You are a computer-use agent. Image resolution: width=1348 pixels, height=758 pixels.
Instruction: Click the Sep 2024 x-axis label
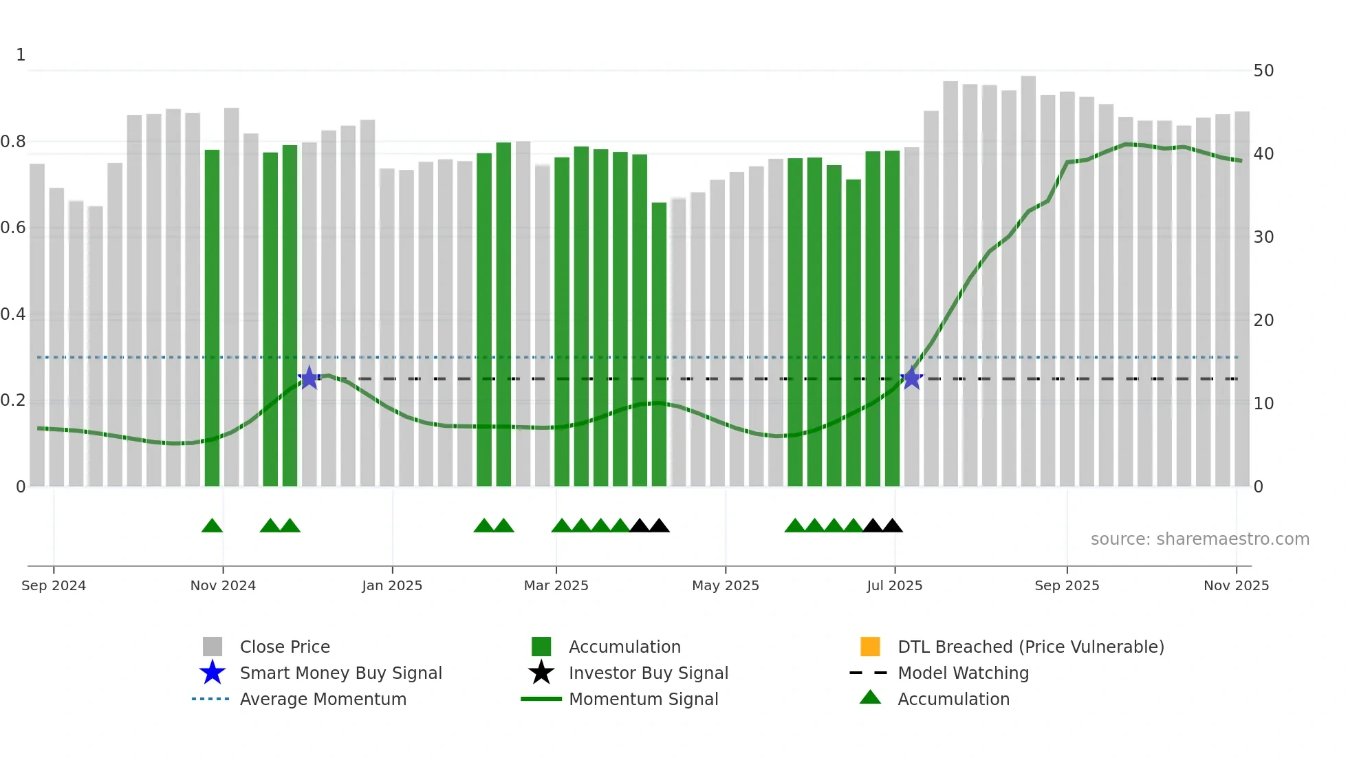point(54,585)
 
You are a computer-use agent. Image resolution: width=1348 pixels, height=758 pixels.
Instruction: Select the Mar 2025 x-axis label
point(556,585)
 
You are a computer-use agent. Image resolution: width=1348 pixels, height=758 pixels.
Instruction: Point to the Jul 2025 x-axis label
point(894,585)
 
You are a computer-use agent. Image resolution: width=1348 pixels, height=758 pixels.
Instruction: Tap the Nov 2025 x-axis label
point(1236,585)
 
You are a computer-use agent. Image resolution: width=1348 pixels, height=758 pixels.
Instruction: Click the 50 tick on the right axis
point(1263,71)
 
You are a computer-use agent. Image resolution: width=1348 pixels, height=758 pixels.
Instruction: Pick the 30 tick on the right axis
point(1263,237)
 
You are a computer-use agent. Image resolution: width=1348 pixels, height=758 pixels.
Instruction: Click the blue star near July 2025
point(911,378)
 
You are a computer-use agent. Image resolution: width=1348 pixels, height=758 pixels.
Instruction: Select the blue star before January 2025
point(309,378)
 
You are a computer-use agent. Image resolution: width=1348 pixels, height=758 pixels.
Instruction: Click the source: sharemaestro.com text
point(1199,539)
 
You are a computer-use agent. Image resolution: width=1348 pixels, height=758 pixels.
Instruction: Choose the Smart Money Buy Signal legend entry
point(340,673)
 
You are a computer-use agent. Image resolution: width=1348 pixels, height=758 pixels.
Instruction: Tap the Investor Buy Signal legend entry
point(648,673)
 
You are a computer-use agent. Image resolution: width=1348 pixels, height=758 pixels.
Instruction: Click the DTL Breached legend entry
point(1030,647)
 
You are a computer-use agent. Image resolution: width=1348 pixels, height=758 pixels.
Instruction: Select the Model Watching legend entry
point(963,673)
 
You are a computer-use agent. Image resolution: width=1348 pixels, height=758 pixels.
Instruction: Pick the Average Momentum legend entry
point(323,699)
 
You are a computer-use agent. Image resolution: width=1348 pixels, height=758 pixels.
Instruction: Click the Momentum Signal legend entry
point(643,699)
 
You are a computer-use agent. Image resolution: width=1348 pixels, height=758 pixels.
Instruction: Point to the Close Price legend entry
point(285,647)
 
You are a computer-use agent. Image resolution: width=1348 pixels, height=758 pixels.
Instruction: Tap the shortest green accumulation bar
point(659,344)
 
